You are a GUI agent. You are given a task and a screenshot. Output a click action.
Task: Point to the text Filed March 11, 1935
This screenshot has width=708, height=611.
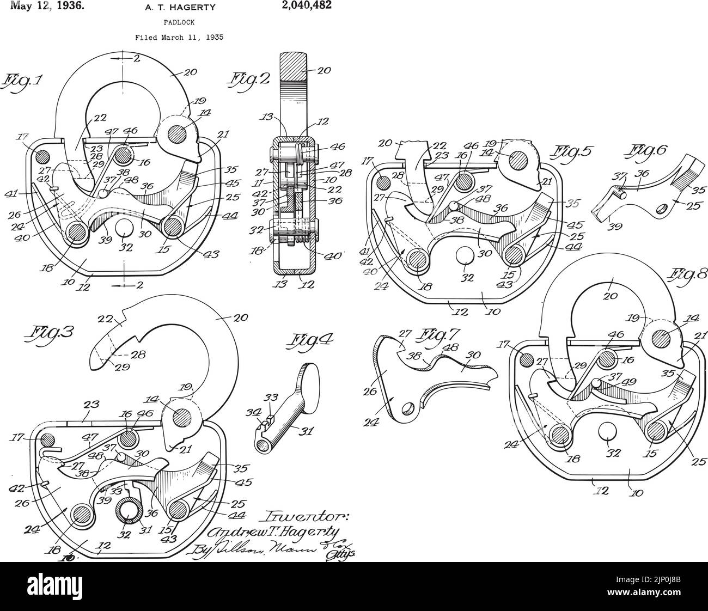click(x=179, y=38)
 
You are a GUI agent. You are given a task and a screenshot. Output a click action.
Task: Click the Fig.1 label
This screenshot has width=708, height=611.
click(x=23, y=82)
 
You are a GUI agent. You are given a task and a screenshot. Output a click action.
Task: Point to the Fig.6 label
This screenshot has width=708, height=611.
click(x=648, y=151)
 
